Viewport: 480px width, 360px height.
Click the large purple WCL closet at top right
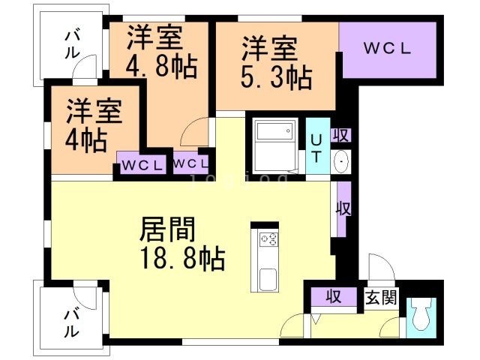[387, 49]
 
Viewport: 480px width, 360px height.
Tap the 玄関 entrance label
[381, 297]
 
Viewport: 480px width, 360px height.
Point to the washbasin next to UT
[341, 161]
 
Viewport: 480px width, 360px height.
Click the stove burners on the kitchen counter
[268, 240]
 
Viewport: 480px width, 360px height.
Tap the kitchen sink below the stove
[268, 280]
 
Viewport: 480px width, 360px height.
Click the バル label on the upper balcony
[72, 43]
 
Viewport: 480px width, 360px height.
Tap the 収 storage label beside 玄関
[333, 297]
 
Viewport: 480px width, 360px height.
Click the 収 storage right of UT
[341, 136]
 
